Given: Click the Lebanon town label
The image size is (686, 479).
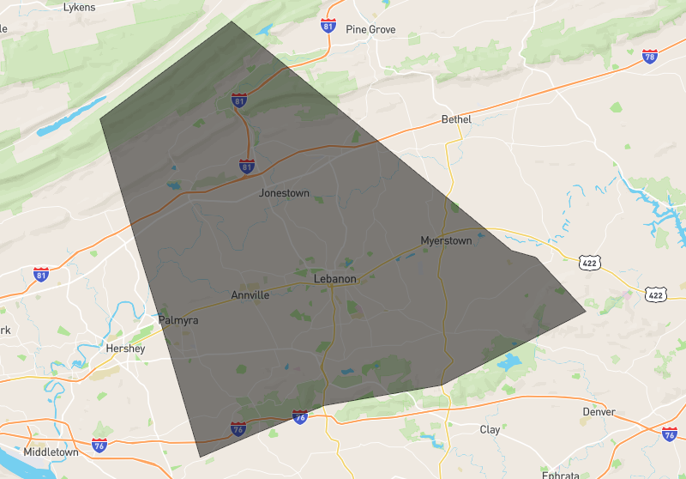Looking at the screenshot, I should point(334,279).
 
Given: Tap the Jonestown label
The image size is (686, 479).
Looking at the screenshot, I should point(284,193).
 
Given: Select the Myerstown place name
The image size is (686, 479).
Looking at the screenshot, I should point(446,240).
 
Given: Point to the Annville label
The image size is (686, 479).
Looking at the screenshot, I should point(250,295).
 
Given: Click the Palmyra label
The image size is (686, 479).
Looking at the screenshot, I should point(178,320).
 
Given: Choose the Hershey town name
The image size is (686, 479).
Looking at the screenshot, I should point(124,349).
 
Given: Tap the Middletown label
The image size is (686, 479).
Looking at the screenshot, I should point(51,452).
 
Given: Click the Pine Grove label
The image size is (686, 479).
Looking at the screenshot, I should point(370,29).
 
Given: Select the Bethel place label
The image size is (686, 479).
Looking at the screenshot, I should point(456,119).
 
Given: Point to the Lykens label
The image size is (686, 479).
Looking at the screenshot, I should point(80,7).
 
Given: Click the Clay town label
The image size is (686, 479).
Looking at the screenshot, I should point(490,429).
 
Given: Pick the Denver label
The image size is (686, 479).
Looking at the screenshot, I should point(599,412).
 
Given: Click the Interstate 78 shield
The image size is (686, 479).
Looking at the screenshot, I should point(650,57).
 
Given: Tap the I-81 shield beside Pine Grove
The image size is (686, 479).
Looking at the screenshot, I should point(328,25).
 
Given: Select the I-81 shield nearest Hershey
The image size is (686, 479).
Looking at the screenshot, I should point(41,275).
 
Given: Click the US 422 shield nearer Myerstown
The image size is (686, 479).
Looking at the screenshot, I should point(588,261).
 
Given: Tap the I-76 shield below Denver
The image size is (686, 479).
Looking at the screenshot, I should point(670,434).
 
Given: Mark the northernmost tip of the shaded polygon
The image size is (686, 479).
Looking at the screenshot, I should point(231,21).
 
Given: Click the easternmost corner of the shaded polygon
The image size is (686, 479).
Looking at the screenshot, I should point(586,311).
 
